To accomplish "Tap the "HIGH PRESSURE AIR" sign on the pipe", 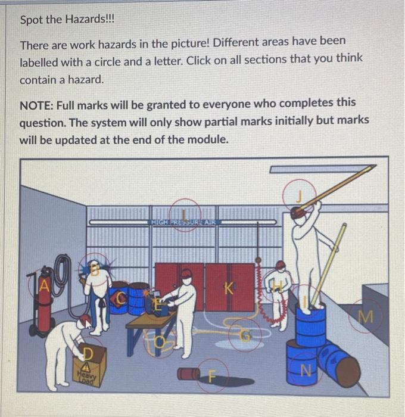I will pyautogui.click(x=186, y=222).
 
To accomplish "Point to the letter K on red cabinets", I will pyautogui.click(x=228, y=290).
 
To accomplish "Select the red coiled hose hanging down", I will pyautogui.click(x=258, y=292).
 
